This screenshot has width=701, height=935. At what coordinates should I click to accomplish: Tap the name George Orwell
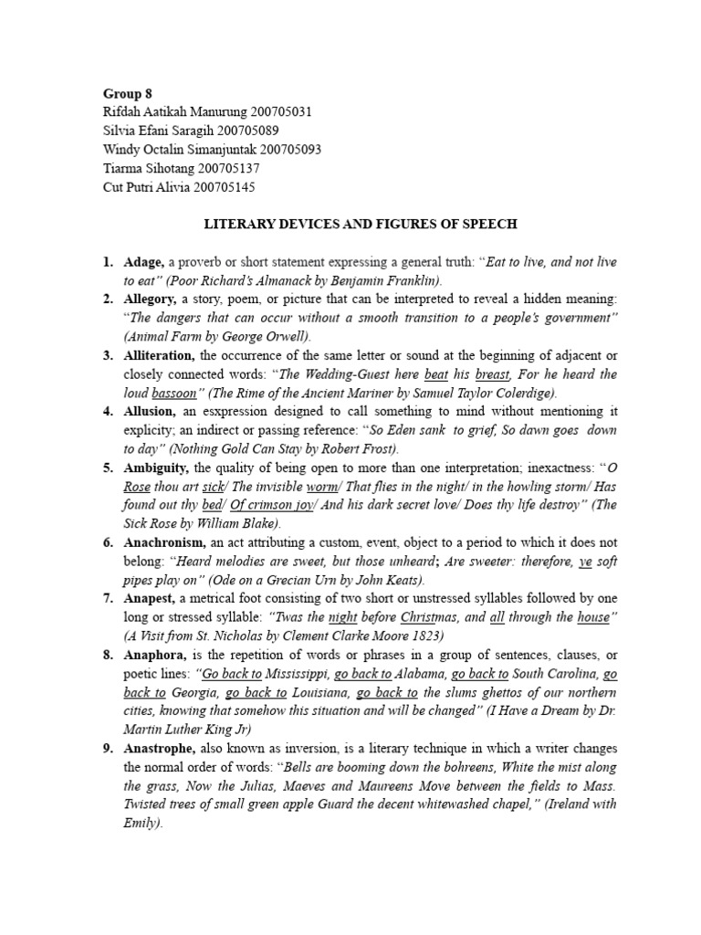point(270,337)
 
